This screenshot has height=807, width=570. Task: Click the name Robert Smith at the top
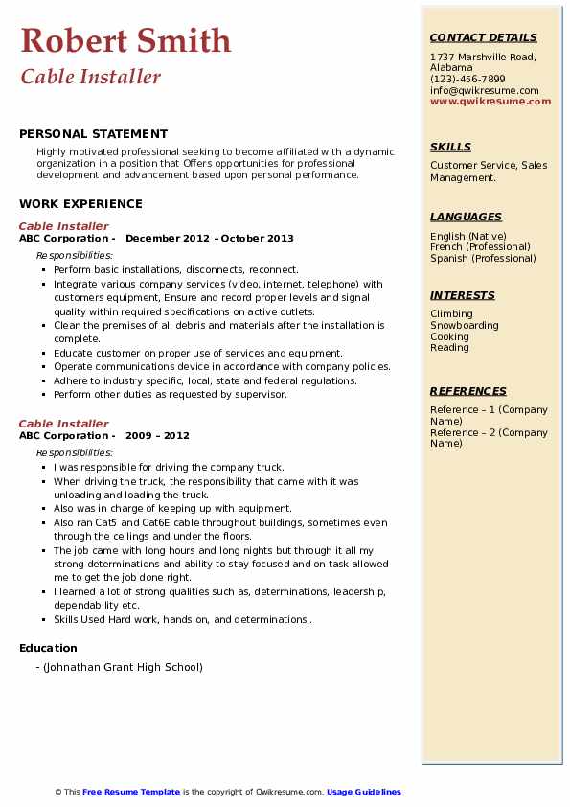[125, 40]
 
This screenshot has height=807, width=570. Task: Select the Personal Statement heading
[93, 134]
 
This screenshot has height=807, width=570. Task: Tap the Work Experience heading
[80, 203]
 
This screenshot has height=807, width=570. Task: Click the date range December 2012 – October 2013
[210, 239]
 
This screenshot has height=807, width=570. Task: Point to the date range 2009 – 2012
[157, 435]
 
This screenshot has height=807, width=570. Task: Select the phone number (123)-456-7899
[467, 80]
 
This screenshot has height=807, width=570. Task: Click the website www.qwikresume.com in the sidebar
[490, 101]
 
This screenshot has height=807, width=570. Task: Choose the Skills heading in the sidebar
[450, 147]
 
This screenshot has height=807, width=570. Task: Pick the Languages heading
[466, 217]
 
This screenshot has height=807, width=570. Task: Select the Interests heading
[463, 295]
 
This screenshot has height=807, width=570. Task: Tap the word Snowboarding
[465, 325]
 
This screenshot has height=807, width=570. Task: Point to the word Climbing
[451, 313]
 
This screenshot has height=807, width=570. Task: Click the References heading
[468, 391]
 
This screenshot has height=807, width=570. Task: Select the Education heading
[48, 649]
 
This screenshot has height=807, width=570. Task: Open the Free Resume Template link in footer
[131, 792]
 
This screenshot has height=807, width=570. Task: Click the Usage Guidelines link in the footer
[364, 792]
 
